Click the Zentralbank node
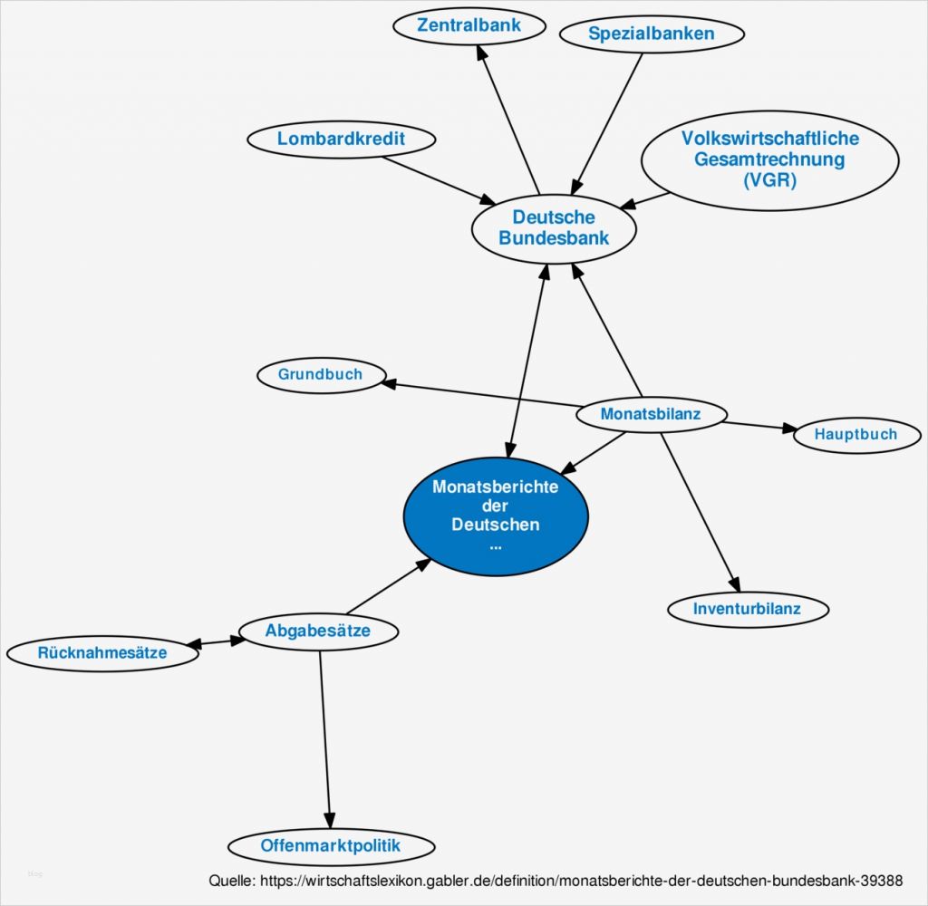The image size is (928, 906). click(469, 25)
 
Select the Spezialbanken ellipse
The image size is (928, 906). click(651, 34)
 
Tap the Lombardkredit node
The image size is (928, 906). click(341, 140)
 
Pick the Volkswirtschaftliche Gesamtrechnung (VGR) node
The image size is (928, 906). click(769, 159)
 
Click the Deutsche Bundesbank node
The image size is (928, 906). click(553, 228)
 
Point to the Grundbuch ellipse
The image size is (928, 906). click(321, 374)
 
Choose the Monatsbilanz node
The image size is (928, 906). click(651, 415)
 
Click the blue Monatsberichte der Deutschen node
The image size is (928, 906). click(495, 514)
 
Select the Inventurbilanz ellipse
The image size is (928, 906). click(747, 609)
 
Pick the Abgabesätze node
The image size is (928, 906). click(317, 631)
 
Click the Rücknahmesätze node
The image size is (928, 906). click(101, 652)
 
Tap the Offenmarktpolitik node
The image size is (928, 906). click(330, 846)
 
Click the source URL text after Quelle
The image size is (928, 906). click(580, 881)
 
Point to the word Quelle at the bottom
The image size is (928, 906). click(231, 881)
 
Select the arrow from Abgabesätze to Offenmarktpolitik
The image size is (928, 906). click(324, 734)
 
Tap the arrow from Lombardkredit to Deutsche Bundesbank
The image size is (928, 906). click(435, 179)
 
